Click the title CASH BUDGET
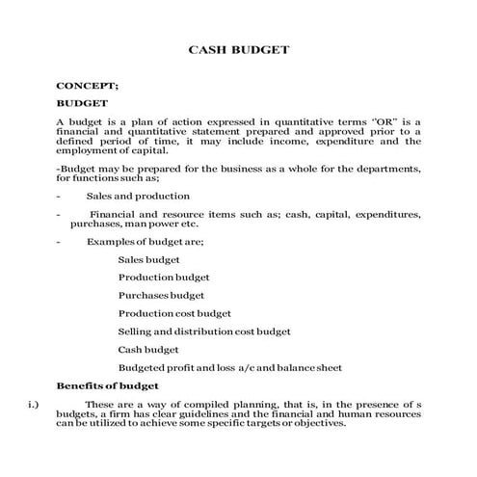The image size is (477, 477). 238,47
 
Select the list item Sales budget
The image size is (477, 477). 148,260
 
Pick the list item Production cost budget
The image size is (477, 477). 174,313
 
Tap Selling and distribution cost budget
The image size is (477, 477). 204,331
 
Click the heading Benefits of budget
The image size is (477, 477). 107,385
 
